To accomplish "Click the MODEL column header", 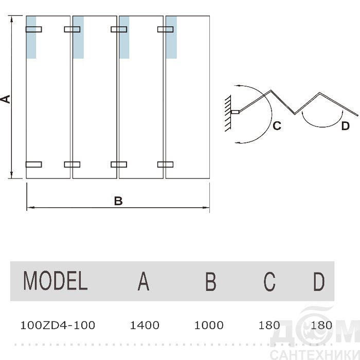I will click(56, 281).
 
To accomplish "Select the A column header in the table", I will click(143, 281).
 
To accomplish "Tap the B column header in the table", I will click(210, 281).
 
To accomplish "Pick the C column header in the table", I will click(269, 281).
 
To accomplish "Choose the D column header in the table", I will click(319, 281).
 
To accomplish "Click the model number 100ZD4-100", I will click(57, 325).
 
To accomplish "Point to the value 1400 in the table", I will click(145, 325).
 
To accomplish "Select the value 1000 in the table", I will click(209, 325).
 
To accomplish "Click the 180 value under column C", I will click(269, 325).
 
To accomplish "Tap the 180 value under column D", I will click(321, 325).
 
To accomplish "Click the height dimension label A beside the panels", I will click(6, 99).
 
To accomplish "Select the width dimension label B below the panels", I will click(118, 201).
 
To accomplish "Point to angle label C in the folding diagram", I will click(277, 125).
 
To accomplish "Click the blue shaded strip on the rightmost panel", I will click(171, 37).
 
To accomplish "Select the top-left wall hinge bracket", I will click(34, 29).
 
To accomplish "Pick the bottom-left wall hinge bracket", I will click(34, 165).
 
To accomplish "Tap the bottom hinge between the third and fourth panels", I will click(165, 165).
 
